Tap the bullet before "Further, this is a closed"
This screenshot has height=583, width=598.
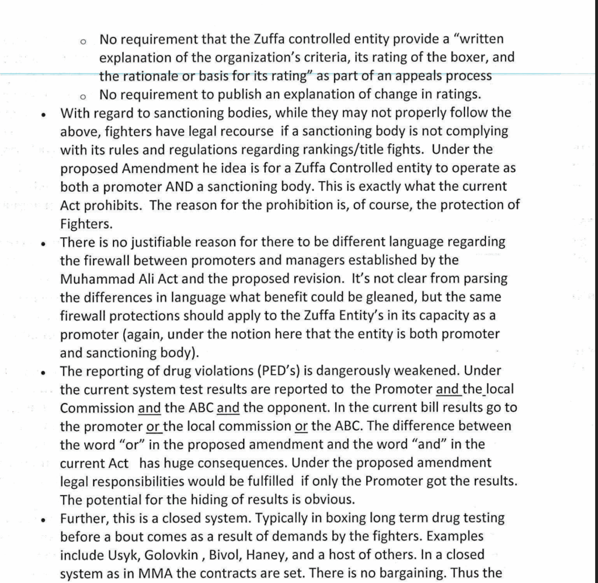pyautogui.click(x=44, y=518)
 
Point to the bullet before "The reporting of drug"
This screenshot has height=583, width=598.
pyautogui.click(x=44, y=372)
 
